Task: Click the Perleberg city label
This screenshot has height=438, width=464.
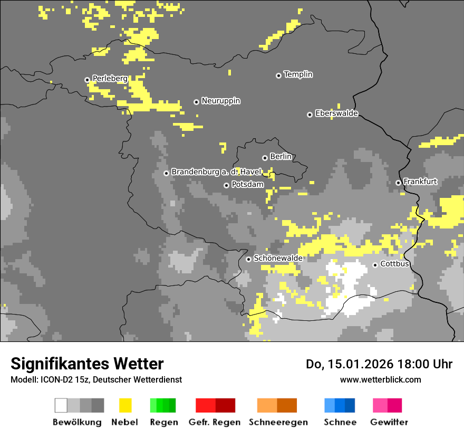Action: pos(110,79)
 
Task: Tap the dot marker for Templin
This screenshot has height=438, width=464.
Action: pos(278,75)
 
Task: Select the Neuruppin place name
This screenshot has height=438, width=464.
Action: pos(221,101)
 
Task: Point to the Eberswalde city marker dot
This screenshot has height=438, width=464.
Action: pos(310,115)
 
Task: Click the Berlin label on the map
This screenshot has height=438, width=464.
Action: pos(281,157)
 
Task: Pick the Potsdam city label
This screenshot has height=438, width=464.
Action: pos(247,185)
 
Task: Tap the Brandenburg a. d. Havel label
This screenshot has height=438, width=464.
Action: pos(216,172)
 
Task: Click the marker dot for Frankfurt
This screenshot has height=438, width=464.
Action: pos(398,183)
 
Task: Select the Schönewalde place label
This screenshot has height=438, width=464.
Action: pos(278,258)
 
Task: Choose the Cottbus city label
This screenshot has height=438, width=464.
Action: pos(394,264)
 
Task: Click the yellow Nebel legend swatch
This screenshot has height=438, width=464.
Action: pos(125,405)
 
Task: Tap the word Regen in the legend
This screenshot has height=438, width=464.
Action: pos(164,423)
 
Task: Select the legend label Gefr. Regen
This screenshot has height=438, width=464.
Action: pos(215,423)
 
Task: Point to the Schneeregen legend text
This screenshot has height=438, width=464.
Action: pos(278,423)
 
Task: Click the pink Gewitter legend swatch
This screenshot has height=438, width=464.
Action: pos(380,405)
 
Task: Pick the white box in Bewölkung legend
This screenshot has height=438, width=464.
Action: pos(61,405)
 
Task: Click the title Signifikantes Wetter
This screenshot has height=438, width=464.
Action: pos(87,364)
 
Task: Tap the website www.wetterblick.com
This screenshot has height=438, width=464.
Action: pos(380,379)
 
